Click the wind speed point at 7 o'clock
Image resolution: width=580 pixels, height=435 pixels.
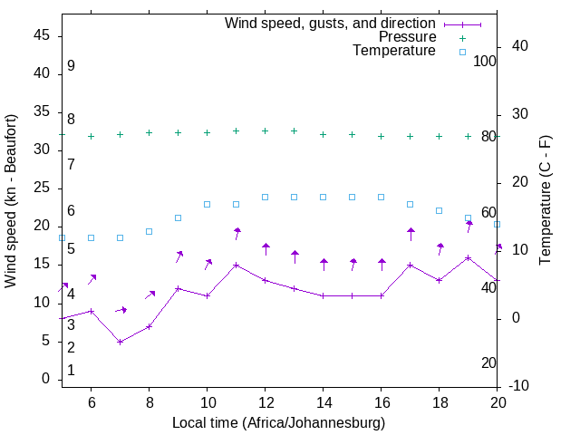coord(120,342)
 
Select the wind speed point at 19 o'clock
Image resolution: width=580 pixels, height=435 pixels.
coord(468,257)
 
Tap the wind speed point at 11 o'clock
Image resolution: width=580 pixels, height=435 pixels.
coord(236,266)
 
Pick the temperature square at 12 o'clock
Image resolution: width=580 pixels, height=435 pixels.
coord(265,197)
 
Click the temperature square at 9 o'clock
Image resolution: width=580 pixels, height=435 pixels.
coord(178,217)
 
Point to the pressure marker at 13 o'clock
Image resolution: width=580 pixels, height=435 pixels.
coord(294,130)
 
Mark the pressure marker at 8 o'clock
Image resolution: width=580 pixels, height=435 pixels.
coord(149,132)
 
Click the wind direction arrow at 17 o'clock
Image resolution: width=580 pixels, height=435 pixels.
coord(410,235)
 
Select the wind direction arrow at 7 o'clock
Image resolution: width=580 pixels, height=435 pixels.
coord(121,310)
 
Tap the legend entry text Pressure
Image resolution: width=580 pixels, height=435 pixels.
coord(408,37)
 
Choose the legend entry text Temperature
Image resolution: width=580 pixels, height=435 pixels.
coord(394,51)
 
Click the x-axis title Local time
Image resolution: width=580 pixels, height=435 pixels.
coord(279,423)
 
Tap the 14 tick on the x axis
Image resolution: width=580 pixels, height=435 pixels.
coord(323,401)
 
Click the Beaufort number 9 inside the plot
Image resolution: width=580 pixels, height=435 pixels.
coord(71,66)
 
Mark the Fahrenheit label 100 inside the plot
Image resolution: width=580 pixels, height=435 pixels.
coord(485,61)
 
